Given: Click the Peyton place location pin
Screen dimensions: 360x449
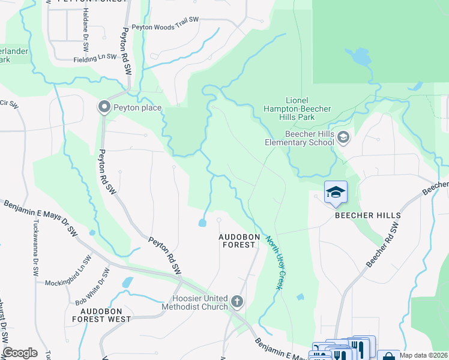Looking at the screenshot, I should click(x=104, y=107).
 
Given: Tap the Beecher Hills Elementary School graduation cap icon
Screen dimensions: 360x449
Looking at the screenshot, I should click(x=343, y=138).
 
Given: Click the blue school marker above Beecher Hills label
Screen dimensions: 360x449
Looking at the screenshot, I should click(x=336, y=193).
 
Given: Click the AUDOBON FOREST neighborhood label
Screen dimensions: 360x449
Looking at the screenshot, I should click(x=239, y=241).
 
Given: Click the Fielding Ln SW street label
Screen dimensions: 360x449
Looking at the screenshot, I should click(x=94, y=59).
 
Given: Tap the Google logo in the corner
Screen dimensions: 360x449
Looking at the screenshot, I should click(x=20, y=353).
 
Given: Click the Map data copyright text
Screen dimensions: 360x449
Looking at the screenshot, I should click(x=424, y=355).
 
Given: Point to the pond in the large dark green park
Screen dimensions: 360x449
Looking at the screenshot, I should click(x=361, y=58).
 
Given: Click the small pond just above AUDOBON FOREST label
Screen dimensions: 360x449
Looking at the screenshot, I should click(x=202, y=224).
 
